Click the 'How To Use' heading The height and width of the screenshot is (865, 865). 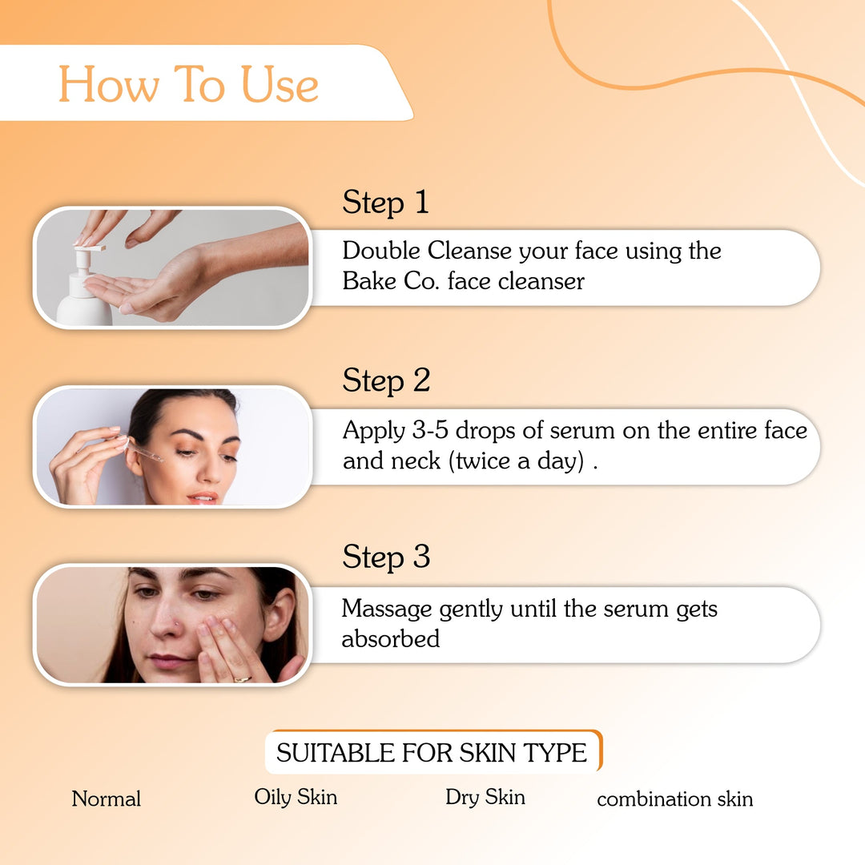pyautogui.click(x=189, y=84)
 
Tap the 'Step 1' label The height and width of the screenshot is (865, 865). pyautogui.click(x=385, y=203)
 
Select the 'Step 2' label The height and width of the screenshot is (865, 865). pyautogui.click(x=386, y=380)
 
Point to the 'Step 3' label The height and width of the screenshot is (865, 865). pyautogui.click(x=386, y=557)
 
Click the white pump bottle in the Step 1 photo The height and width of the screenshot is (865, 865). pyautogui.click(x=83, y=296)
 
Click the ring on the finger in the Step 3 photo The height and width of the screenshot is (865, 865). pyautogui.click(x=241, y=679)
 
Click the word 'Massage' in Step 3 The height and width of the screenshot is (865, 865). pyautogui.click(x=387, y=610)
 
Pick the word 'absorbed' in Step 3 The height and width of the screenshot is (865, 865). pyautogui.click(x=390, y=639)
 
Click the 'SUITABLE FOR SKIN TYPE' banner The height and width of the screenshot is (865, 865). pyautogui.click(x=432, y=753)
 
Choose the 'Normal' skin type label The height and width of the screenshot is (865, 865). pyautogui.click(x=107, y=799)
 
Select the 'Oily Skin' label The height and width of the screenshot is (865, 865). pyautogui.click(x=296, y=797)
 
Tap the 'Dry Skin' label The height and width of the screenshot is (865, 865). pyautogui.click(x=485, y=797)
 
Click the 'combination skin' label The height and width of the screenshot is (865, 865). pyautogui.click(x=674, y=799)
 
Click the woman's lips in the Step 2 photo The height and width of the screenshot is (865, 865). pyautogui.click(x=203, y=497)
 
